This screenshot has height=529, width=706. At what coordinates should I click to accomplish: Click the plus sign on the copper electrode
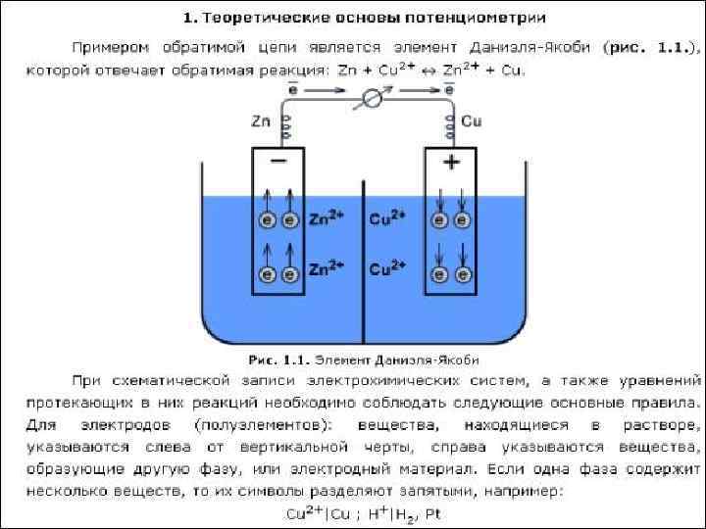(452, 163)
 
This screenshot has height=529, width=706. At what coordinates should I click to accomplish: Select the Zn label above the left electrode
(260, 121)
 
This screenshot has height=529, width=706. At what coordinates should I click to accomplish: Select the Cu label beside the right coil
(472, 121)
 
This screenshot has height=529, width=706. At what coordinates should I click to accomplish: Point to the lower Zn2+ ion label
(326, 266)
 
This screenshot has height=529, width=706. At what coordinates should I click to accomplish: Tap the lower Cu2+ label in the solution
(387, 266)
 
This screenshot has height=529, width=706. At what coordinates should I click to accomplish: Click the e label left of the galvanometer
(293, 89)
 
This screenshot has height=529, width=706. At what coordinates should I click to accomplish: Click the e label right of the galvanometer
(449, 89)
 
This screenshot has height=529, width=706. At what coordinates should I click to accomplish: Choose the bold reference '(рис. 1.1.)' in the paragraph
(652, 47)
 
